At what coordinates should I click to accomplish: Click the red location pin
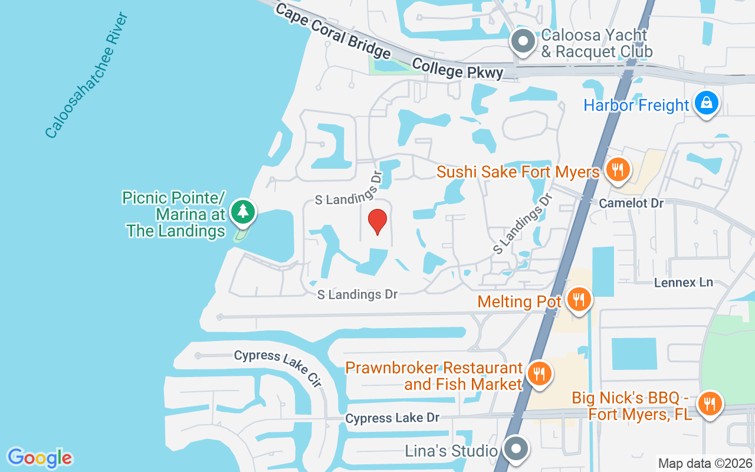coord(377,221)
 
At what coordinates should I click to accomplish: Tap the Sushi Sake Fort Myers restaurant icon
coord(618,171)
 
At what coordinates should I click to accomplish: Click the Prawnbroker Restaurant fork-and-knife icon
coord(539,373)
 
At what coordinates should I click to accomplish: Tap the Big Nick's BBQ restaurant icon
coord(710,404)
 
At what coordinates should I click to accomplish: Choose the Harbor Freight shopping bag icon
coord(706,103)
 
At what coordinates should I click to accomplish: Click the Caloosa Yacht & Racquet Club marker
coord(522,41)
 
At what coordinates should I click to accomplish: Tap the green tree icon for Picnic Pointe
coord(242,211)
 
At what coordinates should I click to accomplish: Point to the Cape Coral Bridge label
coord(333,31)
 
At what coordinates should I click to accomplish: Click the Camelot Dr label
coord(631,203)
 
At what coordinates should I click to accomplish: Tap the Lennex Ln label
coord(684,283)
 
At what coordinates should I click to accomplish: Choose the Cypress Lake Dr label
coord(392,418)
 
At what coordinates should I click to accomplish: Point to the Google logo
coord(40,457)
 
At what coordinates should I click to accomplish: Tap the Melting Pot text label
coord(519,301)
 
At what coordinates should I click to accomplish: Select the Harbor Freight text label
coord(636,106)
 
